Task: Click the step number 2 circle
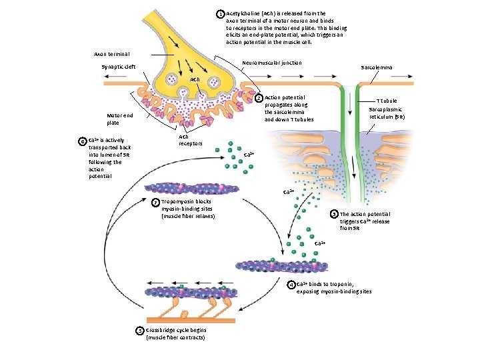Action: (259, 99)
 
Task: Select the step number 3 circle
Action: (335, 215)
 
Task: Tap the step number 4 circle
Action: (291, 285)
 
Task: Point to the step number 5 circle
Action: (139, 331)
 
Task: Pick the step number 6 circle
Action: (82, 141)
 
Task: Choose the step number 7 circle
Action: (155, 203)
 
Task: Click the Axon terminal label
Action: (111, 53)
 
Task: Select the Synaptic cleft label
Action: (118, 67)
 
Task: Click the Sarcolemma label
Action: (376, 68)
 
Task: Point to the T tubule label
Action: (387, 101)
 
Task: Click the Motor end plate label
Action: (120, 119)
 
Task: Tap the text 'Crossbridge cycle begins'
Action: (176, 331)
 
